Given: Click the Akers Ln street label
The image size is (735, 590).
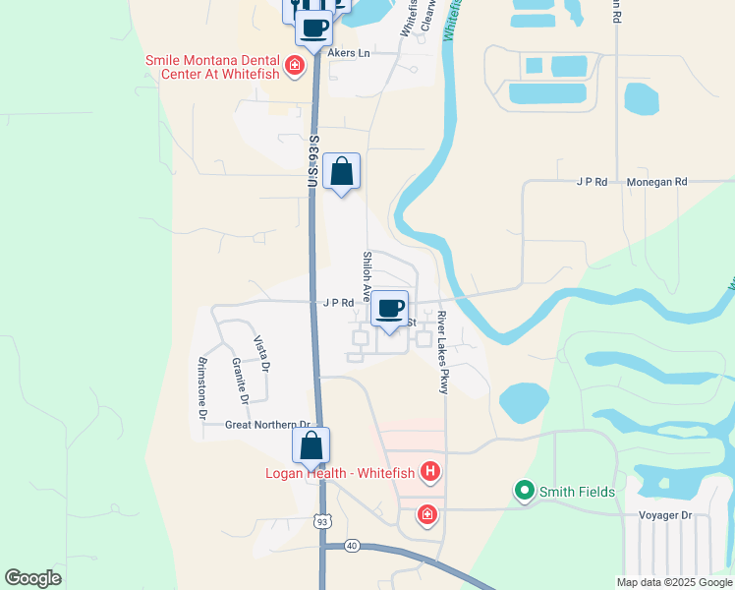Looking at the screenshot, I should pos(349,52).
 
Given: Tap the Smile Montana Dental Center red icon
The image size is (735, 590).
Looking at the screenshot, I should pos(293,67).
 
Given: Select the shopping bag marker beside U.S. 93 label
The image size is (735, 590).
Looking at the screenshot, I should pos(341,172).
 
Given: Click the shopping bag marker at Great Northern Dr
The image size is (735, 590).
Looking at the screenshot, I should pos(311,446).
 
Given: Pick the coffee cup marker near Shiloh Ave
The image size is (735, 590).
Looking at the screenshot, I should pos(389,310).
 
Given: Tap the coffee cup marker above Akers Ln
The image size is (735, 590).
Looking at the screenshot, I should pos(313,28).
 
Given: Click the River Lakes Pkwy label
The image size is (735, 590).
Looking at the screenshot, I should pos(443,353).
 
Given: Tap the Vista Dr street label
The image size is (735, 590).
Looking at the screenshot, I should pos(262,355).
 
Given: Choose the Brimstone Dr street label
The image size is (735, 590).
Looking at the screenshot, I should pos(201,388).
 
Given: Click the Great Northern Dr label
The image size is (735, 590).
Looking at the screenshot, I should pos(260,425).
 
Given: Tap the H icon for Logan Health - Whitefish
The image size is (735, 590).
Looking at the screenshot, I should pos(429,473).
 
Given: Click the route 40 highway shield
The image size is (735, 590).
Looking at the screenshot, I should pos(352,545).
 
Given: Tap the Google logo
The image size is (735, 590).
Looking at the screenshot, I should pos(33,578).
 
